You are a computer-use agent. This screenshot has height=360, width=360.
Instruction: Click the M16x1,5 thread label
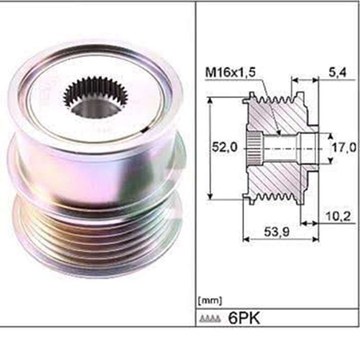pyautogui.click(x=230, y=73)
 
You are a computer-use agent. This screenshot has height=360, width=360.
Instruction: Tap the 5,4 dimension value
pyautogui.click(x=337, y=73)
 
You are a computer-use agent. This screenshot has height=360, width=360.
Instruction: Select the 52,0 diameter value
pyautogui.click(x=224, y=147)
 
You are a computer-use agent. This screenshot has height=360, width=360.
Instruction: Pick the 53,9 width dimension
pyautogui.click(x=276, y=232)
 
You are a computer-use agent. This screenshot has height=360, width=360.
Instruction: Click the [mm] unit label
pyautogui.click(x=210, y=300)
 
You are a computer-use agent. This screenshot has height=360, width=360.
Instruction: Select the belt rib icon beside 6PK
pyautogui.click(x=210, y=318)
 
